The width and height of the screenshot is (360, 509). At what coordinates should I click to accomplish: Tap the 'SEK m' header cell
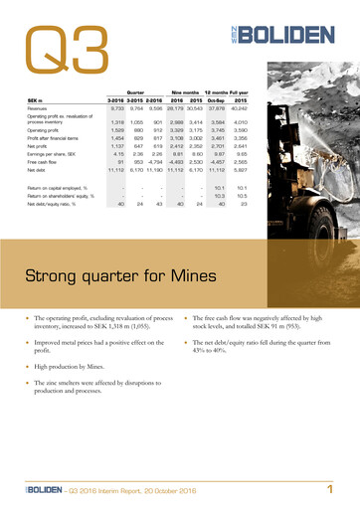click(x=35, y=101)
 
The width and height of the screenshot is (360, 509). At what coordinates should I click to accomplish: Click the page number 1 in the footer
click(x=329, y=488)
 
